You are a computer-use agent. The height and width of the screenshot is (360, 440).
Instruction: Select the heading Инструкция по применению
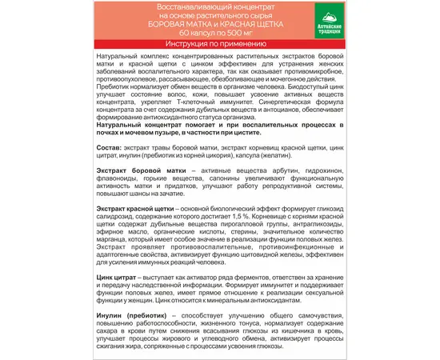click(x=220, y=66)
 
